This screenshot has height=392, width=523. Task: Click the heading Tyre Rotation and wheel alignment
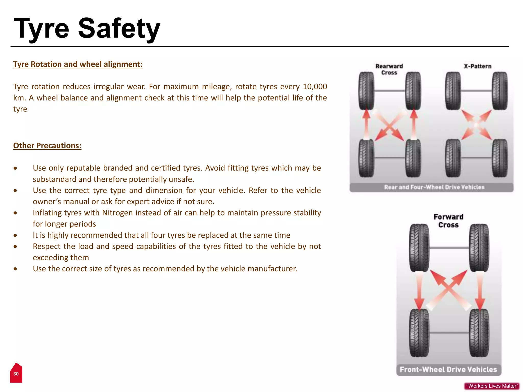78,64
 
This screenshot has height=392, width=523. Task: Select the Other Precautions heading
47,145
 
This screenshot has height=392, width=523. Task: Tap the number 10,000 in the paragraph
315,87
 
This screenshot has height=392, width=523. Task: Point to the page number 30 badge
16,373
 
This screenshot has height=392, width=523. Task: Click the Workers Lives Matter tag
492,386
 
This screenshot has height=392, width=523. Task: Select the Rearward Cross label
389,69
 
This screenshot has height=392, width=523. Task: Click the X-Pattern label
478,66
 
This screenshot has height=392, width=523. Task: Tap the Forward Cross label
448,221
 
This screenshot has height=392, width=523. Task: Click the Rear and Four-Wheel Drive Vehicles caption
434,187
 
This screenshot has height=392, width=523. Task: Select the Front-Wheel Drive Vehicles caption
448,369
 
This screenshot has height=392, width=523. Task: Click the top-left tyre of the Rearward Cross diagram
366,91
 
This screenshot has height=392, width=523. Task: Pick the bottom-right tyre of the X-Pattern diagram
500,158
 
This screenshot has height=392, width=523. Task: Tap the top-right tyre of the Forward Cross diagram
479,248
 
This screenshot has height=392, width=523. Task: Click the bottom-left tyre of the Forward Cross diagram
419,333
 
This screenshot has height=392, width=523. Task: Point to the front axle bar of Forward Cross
449,248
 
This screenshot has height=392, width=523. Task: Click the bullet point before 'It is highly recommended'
16,235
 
